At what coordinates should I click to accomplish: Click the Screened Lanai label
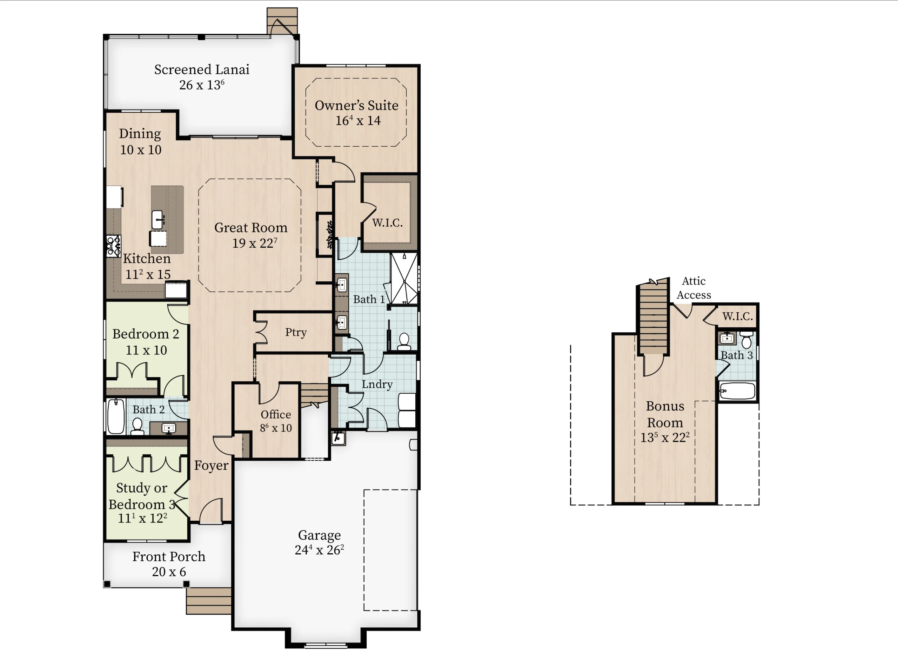click(202, 69)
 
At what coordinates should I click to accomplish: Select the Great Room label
click(251, 228)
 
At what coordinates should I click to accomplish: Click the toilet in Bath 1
click(404, 342)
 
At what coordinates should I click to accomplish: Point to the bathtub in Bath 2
click(116, 416)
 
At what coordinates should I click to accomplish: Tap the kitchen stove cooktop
click(114, 246)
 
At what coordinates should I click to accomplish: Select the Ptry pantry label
click(296, 332)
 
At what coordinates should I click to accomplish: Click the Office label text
click(276, 414)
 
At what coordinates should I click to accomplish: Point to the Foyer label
click(211, 465)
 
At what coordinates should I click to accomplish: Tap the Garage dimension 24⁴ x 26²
click(319, 550)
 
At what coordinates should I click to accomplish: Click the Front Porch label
click(169, 556)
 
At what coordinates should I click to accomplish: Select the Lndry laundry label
click(377, 384)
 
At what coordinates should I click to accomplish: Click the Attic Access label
click(693, 288)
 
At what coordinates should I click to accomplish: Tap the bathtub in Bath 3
click(737, 391)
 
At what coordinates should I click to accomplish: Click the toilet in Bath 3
click(746, 340)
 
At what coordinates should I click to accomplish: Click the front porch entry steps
click(209, 601)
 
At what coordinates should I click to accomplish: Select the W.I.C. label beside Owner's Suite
click(387, 223)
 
